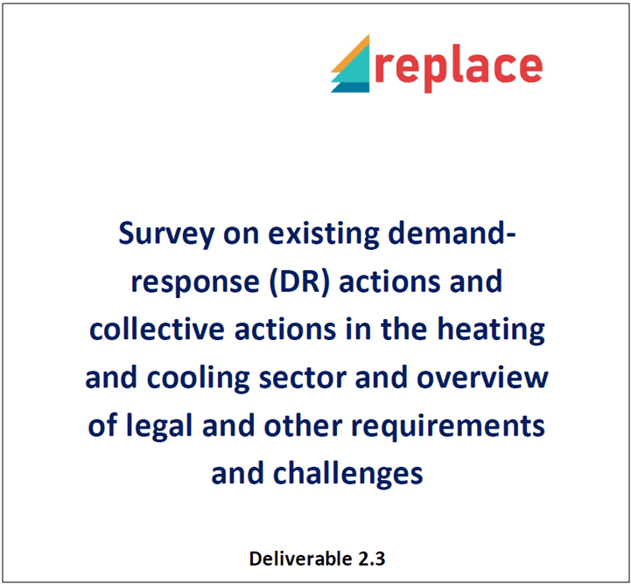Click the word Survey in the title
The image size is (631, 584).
click(166, 234)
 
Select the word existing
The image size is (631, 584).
click(324, 233)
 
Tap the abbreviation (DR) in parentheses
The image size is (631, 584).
click(299, 282)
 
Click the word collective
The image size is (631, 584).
click(157, 329)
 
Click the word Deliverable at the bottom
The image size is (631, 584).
click(295, 559)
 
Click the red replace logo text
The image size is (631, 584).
click(459, 69)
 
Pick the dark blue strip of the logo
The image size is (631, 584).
click(351, 87)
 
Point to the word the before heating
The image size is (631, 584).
click(404, 329)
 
